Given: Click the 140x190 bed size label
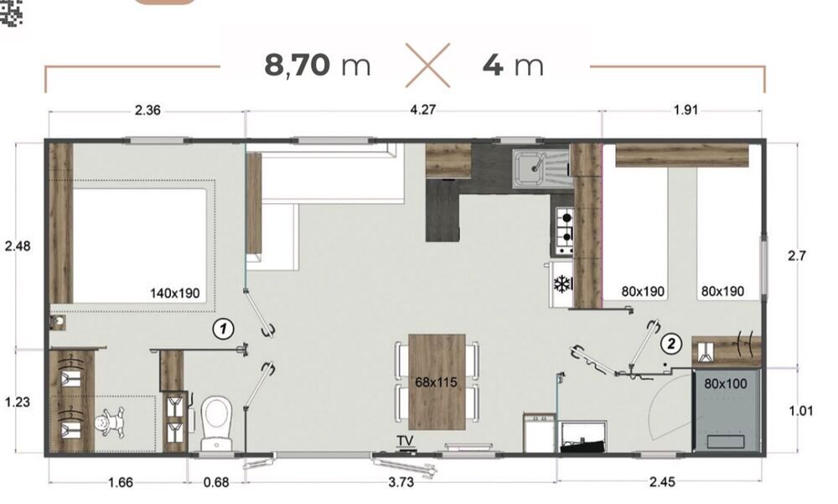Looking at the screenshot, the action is [x=175, y=294].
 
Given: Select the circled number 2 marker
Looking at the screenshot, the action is [x=671, y=343].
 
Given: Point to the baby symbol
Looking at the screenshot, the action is [x=111, y=423].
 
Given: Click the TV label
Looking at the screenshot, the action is [x=405, y=441].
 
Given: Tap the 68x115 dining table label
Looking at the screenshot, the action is [x=436, y=382].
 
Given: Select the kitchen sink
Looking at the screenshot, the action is [x=540, y=169].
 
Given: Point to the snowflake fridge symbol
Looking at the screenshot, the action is [x=562, y=284].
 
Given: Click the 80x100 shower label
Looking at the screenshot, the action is [x=725, y=383].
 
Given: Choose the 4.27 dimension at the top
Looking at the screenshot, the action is [x=422, y=110].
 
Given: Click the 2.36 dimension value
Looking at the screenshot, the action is [x=147, y=110].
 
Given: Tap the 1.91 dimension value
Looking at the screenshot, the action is [x=685, y=110].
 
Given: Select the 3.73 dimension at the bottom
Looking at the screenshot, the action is [x=401, y=482].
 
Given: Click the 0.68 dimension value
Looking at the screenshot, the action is [x=216, y=482].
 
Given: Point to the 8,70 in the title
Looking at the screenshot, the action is [x=297, y=65].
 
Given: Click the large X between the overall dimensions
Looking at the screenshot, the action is [x=427, y=65].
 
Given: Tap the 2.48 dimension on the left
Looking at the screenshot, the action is [x=18, y=246].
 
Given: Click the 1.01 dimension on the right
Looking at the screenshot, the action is [x=800, y=411].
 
